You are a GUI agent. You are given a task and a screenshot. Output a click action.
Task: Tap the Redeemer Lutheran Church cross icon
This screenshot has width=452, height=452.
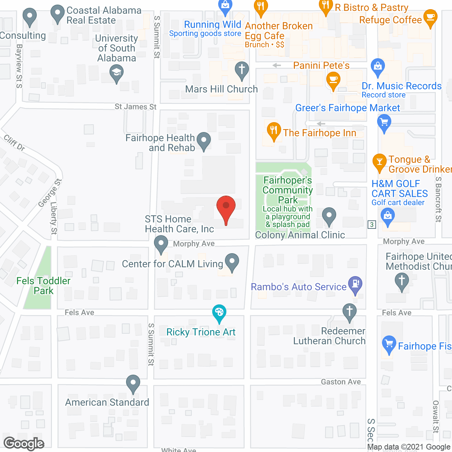[350, 312]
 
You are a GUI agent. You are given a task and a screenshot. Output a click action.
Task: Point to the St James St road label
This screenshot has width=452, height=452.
[136, 107]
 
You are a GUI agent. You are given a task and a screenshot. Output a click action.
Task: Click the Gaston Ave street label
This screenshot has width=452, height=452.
[341, 382]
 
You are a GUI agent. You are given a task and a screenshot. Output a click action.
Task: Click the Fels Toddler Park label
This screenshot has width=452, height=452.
[43, 286]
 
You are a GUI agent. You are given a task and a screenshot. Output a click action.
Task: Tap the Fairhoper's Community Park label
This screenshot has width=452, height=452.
[288, 190]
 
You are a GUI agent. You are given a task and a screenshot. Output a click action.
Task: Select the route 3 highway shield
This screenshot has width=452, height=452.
[371, 225]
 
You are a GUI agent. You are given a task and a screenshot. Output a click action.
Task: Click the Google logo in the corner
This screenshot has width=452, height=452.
[24, 444]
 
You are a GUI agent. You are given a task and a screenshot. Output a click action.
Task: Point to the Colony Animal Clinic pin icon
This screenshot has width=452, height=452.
[329, 215]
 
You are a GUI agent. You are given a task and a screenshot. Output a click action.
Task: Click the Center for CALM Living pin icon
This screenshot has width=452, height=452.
[232, 262]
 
